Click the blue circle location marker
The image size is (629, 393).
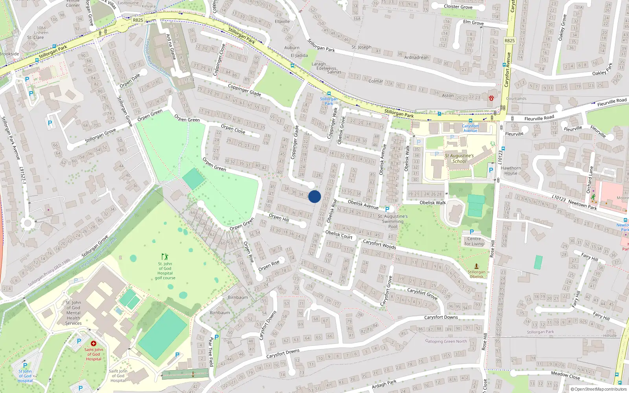coord(314,196)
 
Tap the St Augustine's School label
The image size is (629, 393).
coord(459,158)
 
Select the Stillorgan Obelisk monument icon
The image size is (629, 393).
coord(476,266)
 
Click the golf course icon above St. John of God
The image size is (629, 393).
coord(165,257)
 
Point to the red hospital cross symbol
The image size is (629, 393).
coord(94,343)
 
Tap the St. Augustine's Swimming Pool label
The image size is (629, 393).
coord(393,221)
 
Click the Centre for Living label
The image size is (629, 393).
coord(474,241)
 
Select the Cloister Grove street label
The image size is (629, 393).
coord(458,7)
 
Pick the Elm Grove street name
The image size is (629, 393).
coord(473,22)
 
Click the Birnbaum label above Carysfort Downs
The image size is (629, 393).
coord(238,298)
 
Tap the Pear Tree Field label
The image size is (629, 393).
coord(211,351)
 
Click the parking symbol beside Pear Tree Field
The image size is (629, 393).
coord(217,337)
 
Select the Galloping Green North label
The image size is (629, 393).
coord(446,341)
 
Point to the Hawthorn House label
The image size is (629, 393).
coord(511,171)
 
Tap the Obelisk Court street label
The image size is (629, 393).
coord(339,234)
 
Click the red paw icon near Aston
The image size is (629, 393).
coord(491,98)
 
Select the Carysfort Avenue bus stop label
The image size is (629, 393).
coord(470,128)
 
